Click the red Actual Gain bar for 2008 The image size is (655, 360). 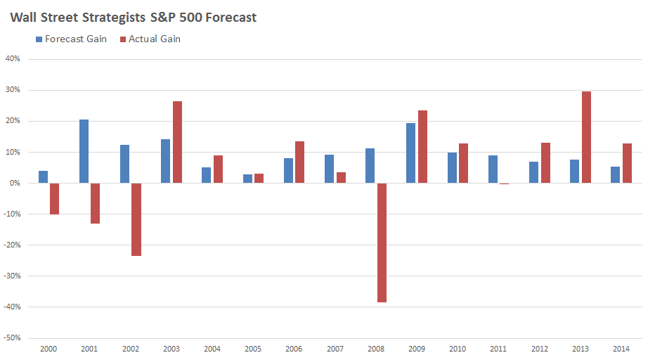(382, 243)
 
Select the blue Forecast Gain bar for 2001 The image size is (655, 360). (84, 151)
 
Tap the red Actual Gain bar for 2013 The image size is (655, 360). (586, 137)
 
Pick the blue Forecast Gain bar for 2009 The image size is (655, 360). (411, 153)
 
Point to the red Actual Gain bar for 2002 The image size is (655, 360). (136, 219)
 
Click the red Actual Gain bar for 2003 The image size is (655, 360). (177, 142)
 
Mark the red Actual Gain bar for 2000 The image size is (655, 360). (54, 199)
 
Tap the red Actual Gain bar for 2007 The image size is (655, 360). (341, 178)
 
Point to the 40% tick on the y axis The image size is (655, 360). (13, 59)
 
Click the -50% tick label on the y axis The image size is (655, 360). (11, 337)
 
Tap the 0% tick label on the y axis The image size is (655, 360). (15, 183)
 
